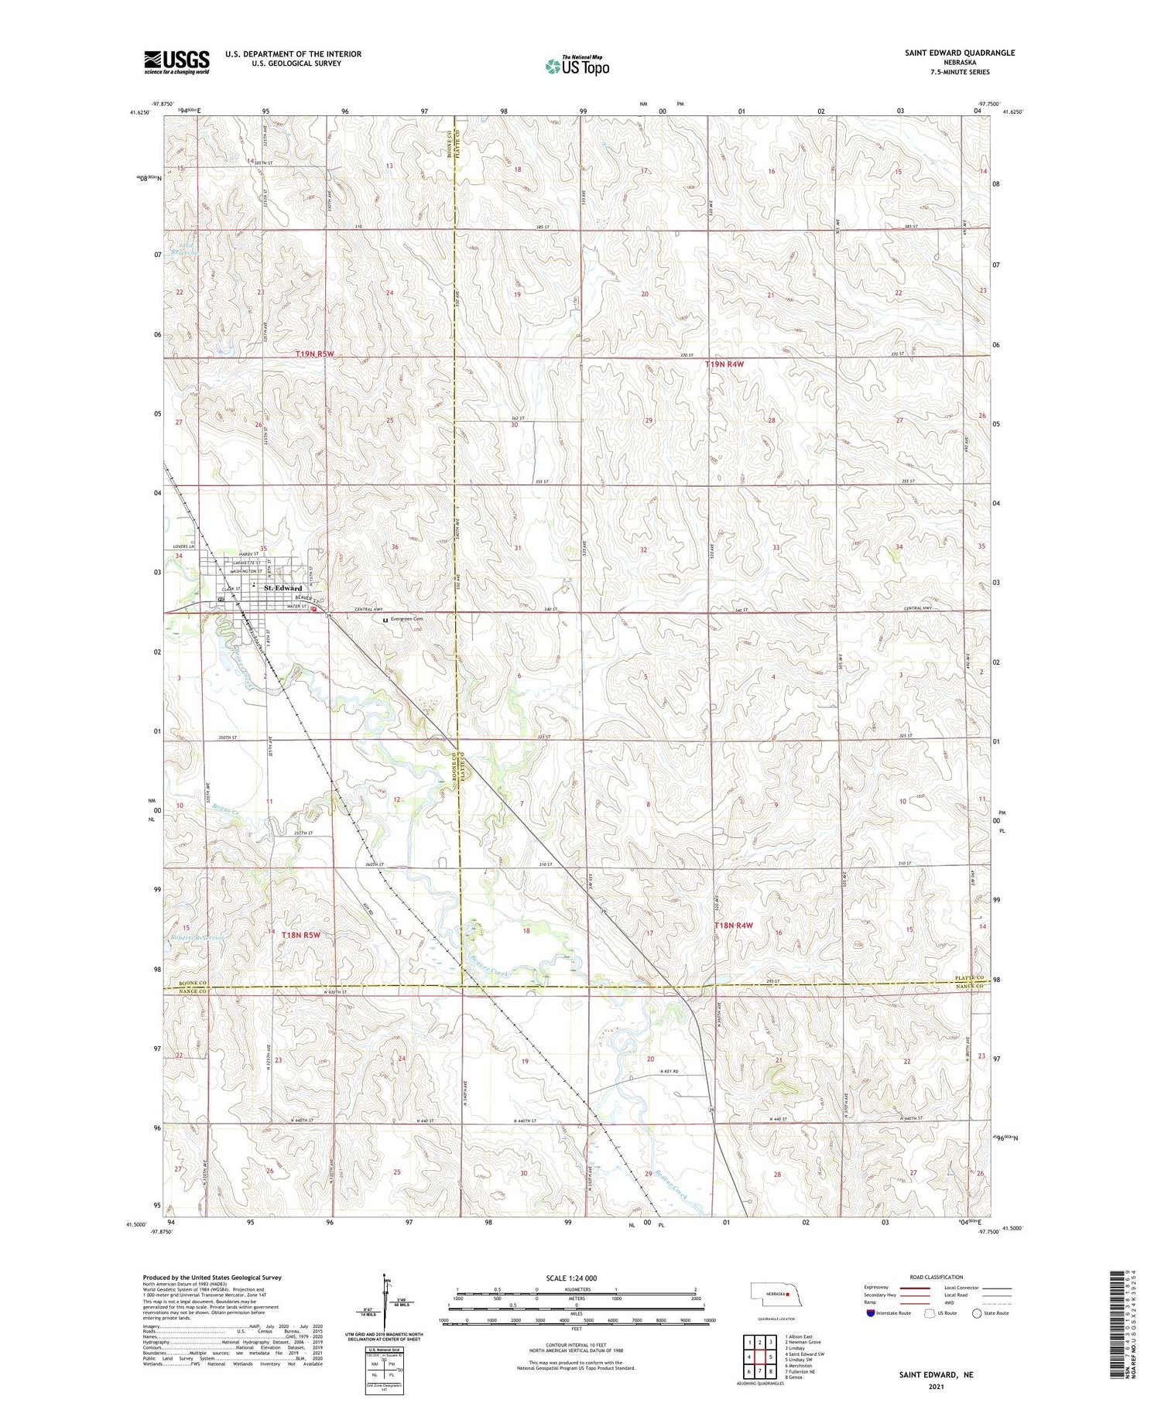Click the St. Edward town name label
pyautogui.click(x=283, y=588)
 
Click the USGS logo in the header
pyautogui.click(x=176, y=62)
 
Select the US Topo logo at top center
pyautogui.click(x=577, y=67)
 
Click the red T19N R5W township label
pyautogui.click(x=314, y=354)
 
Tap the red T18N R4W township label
pyautogui.click(x=733, y=926)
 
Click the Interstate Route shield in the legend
pyautogui.click(x=871, y=1312)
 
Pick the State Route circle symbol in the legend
pyautogui.click(x=977, y=1312)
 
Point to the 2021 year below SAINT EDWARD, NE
pyautogui.click(x=936, y=1385)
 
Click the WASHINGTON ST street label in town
pyautogui.click(x=248, y=570)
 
